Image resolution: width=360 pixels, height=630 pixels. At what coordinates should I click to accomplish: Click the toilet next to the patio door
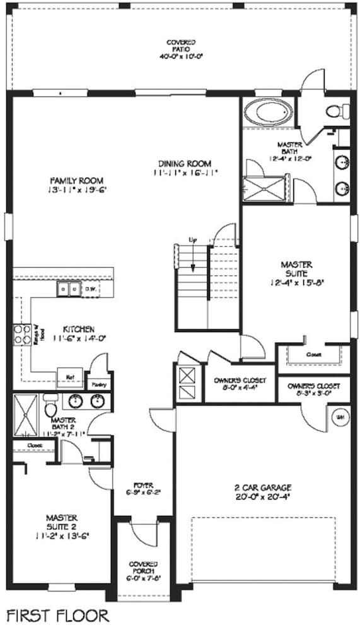333,112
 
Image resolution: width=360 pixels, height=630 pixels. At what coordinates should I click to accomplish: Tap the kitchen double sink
67,289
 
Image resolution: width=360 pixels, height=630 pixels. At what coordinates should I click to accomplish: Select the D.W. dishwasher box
90,289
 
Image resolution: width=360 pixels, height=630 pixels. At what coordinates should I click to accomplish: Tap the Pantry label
99,384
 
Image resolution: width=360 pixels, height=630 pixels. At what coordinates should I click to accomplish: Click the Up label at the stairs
193,240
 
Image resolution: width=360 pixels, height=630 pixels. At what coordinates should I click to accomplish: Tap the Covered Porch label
144,567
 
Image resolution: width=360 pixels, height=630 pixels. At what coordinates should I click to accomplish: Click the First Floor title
58,614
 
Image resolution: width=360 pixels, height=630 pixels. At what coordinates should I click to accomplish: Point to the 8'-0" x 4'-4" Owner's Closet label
240,384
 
